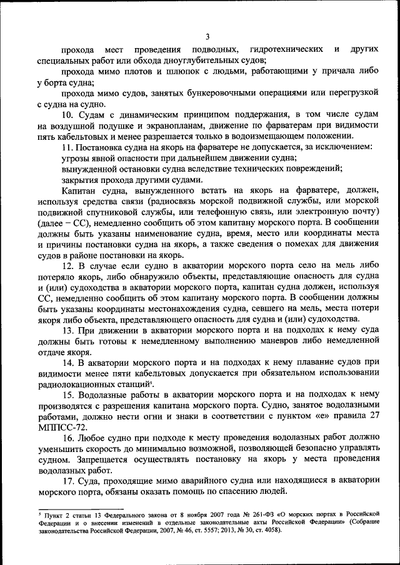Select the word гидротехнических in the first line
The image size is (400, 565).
(285, 49)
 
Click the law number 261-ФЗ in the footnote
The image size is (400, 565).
(241, 513)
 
